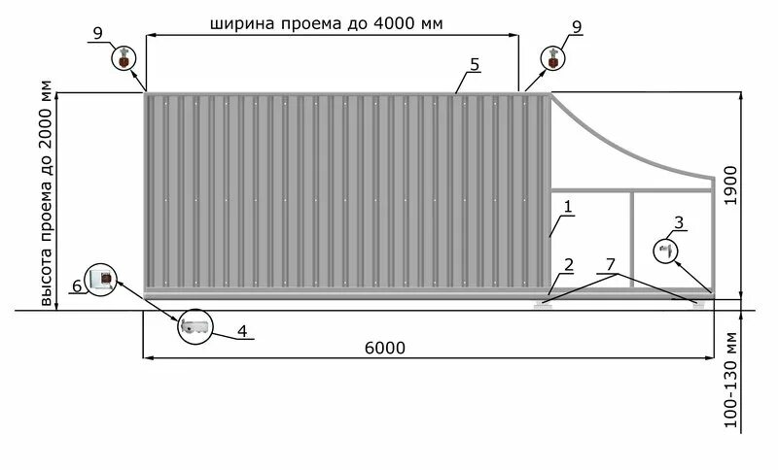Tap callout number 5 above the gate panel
pos(474,64)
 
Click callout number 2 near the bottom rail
pos(568,265)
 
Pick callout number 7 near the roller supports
pos(611,264)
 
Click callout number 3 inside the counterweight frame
pos(679,223)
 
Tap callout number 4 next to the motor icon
pos(242,331)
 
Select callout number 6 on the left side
pos(76,286)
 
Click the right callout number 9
pos(577,26)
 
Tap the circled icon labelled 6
pos(101,280)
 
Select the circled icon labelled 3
pos(667,251)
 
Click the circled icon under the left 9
pos(124,57)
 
